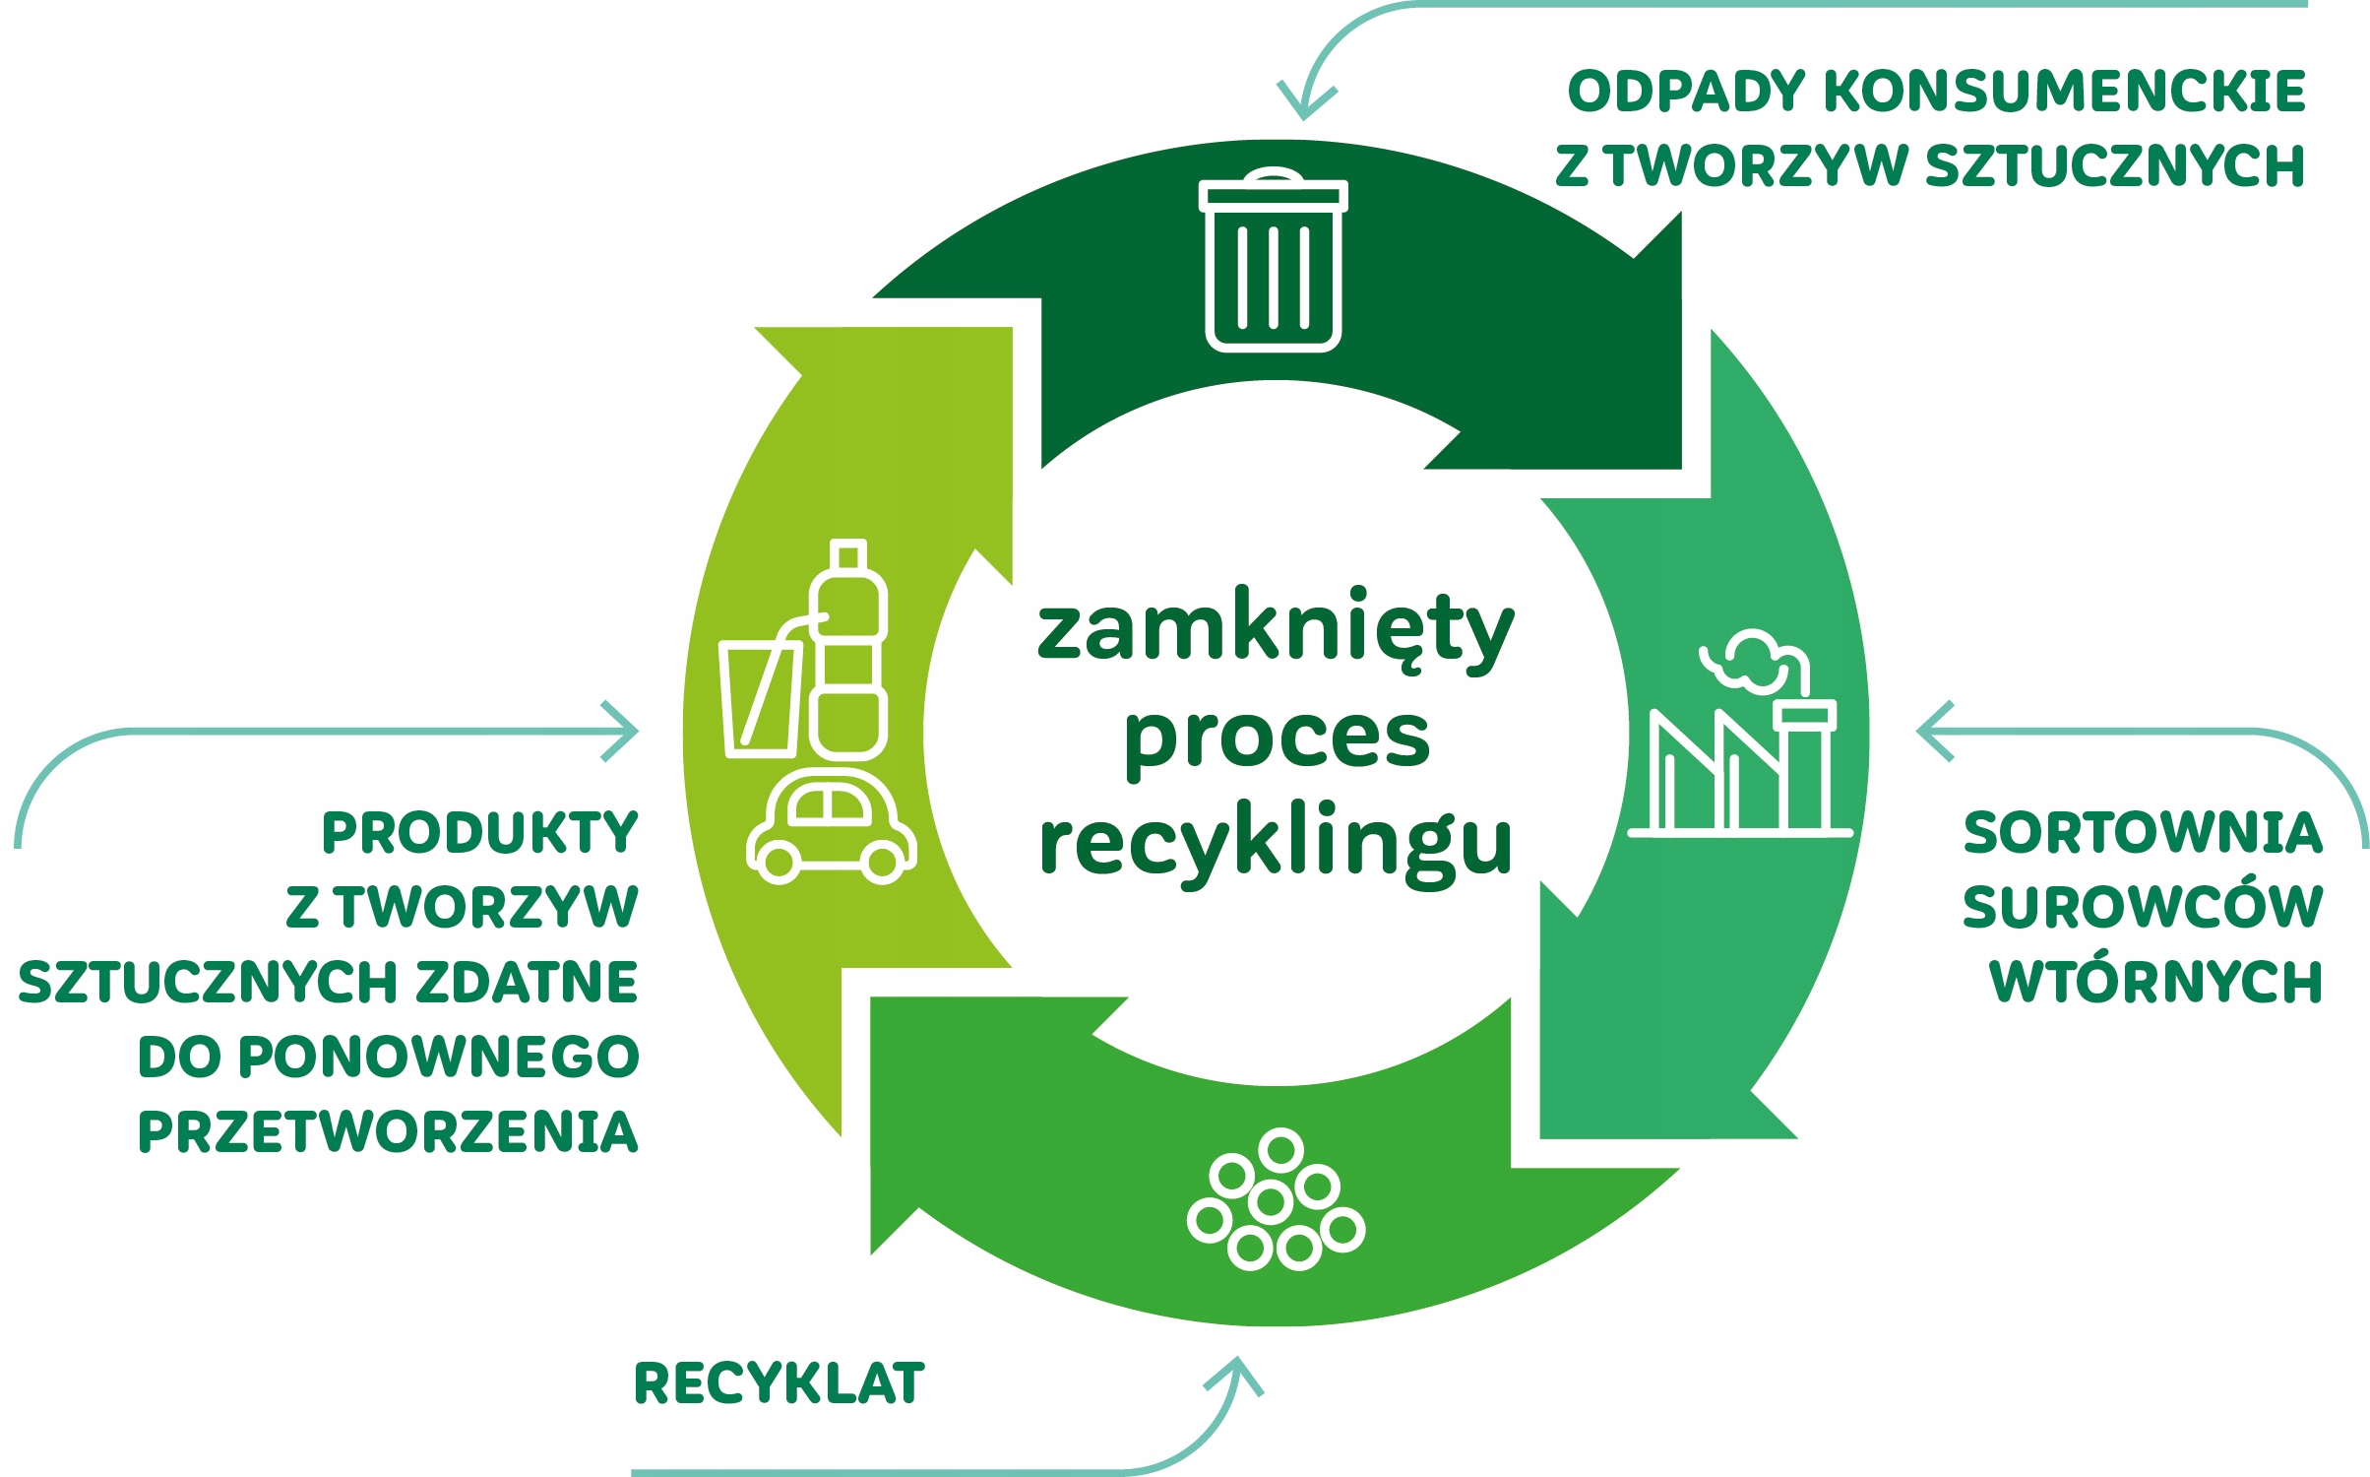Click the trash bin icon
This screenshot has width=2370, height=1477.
click(1273, 260)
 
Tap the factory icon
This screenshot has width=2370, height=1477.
click(1740, 734)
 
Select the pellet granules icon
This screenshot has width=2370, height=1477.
click(1276, 1199)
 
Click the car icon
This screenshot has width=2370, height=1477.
click(832, 827)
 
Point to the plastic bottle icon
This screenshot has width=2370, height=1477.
click(847, 650)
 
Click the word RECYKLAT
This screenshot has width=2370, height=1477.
click(779, 1382)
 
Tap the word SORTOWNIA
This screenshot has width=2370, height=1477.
click(2143, 832)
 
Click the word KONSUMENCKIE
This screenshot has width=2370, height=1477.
click(2064, 92)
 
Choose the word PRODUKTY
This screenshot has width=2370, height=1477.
click(480, 832)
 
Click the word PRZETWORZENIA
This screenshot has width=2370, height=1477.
click(388, 1131)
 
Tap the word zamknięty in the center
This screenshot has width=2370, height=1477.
click(1276, 630)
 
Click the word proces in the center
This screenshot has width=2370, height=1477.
click(1277, 738)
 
